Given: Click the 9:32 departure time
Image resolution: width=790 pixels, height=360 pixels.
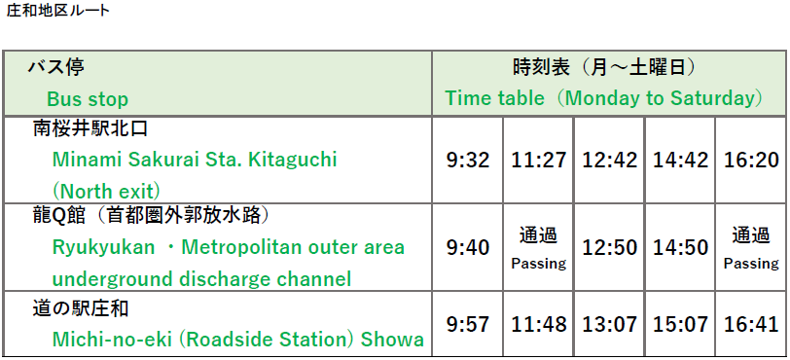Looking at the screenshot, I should click(468, 160).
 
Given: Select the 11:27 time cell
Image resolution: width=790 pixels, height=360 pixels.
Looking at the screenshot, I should click(539, 160).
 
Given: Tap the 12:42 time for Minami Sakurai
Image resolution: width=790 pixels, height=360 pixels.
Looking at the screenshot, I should click(609, 160).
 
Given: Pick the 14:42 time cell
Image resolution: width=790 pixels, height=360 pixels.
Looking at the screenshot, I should click(680, 160).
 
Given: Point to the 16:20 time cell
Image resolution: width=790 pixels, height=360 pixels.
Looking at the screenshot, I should click(751, 160).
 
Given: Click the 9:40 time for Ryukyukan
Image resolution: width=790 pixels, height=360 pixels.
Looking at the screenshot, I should click(468, 248).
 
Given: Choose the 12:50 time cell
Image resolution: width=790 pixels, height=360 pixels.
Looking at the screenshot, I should click(609, 248).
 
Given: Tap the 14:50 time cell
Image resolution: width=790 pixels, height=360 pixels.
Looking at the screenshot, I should click(680, 248).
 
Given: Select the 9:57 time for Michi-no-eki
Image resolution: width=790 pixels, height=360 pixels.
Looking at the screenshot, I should click(468, 324).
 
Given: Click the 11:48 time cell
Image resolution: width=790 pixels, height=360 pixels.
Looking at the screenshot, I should click(539, 324).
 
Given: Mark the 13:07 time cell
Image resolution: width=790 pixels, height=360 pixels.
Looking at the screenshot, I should click(609, 324).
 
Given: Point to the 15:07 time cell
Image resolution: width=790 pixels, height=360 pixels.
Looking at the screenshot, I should click(680, 324).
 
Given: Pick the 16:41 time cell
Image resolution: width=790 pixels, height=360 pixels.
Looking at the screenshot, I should click(751, 324).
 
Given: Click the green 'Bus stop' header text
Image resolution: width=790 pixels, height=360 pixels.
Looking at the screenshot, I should click(88, 99).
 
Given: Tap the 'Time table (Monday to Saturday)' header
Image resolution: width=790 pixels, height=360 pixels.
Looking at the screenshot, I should click(603, 98).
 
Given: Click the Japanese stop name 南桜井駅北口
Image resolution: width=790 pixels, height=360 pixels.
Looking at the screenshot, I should click(90, 127).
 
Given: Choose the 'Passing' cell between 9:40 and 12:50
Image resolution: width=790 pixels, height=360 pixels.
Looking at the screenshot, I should click(539, 248).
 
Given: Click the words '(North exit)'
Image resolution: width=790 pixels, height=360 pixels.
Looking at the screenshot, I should click(106, 190).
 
